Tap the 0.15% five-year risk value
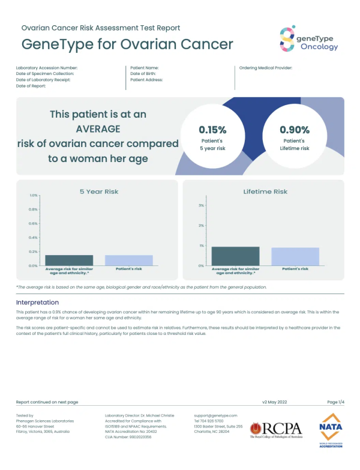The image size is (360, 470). (212, 130)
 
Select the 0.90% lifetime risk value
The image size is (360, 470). (295, 130)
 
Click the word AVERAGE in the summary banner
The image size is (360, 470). (98, 128)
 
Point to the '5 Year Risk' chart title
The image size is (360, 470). (99, 191)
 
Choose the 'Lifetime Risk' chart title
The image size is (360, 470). (265, 191)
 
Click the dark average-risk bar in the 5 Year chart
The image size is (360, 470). (69, 260)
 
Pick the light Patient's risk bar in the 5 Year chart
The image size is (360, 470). (128, 260)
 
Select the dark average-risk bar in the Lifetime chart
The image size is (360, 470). (235, 256)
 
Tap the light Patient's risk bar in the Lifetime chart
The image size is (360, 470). (295, 256)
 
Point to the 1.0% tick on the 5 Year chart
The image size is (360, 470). (34, 195)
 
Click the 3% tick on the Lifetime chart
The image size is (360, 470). (202, 205)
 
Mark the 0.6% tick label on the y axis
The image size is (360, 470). (33, 223)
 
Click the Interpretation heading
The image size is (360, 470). (37, 302)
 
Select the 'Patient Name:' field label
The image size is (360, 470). (144, 68)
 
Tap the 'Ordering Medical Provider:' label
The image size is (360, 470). (265, 68)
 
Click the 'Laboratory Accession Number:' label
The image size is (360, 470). (47, 68)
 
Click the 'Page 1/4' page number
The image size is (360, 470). (335, 402)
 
